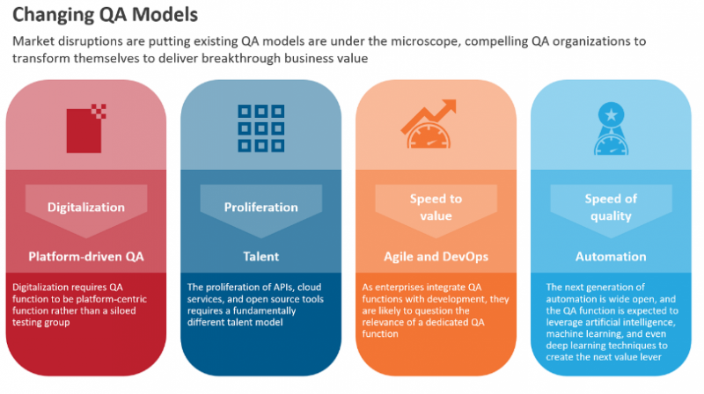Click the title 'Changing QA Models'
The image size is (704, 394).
(105, 15)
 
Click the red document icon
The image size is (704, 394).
(86, 128)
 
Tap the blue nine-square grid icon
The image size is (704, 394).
(260, 128)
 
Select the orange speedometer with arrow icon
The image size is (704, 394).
(429, 124)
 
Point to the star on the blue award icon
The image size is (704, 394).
(611, 115)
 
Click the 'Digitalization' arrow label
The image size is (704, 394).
(86, 208)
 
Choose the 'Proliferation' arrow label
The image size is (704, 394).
(260, 208)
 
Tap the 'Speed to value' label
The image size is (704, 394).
(436, 208)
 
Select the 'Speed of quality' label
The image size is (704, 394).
(611, 208)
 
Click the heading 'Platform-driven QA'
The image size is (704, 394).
(86, 257)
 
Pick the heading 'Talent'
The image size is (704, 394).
(260, 257)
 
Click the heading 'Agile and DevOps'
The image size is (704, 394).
(436, 257)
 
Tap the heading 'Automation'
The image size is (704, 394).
(611, 257)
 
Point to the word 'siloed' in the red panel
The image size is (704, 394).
(121, 310)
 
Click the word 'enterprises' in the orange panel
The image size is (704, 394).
(399, 288)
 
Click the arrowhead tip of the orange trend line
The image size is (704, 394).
(456, 100)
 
